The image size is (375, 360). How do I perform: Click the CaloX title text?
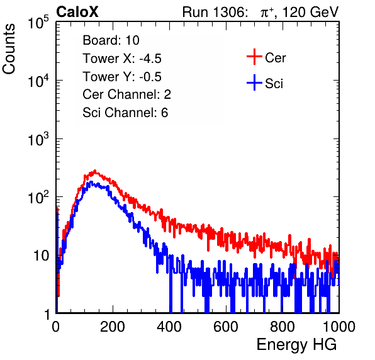tap(77, 12)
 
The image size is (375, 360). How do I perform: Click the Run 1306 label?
tap(213, 12)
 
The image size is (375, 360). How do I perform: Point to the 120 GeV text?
tap(310, 12)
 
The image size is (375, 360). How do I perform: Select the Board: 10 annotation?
tap(111, 40)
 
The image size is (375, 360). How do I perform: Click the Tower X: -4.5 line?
tap(122, 59)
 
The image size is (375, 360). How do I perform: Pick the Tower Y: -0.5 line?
tap(122, 77)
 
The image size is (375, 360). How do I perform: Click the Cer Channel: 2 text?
tap(126, 94)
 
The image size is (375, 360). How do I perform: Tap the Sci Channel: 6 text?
tap(125, 113)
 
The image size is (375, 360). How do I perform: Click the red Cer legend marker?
tap(254, 57)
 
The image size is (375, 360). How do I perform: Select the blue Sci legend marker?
tap(254, 83)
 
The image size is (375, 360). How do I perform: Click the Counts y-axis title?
tap(9, 49)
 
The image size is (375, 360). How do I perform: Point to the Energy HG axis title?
tap(296, 345)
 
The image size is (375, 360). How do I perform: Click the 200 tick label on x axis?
tap(113, 327)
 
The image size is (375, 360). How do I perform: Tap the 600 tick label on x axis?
tap(226, 327)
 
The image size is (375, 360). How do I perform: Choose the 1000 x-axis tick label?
tap(339, 327)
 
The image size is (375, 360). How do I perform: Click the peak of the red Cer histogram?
tap(95, 171)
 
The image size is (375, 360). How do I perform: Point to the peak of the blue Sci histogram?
tap(91, 182)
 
